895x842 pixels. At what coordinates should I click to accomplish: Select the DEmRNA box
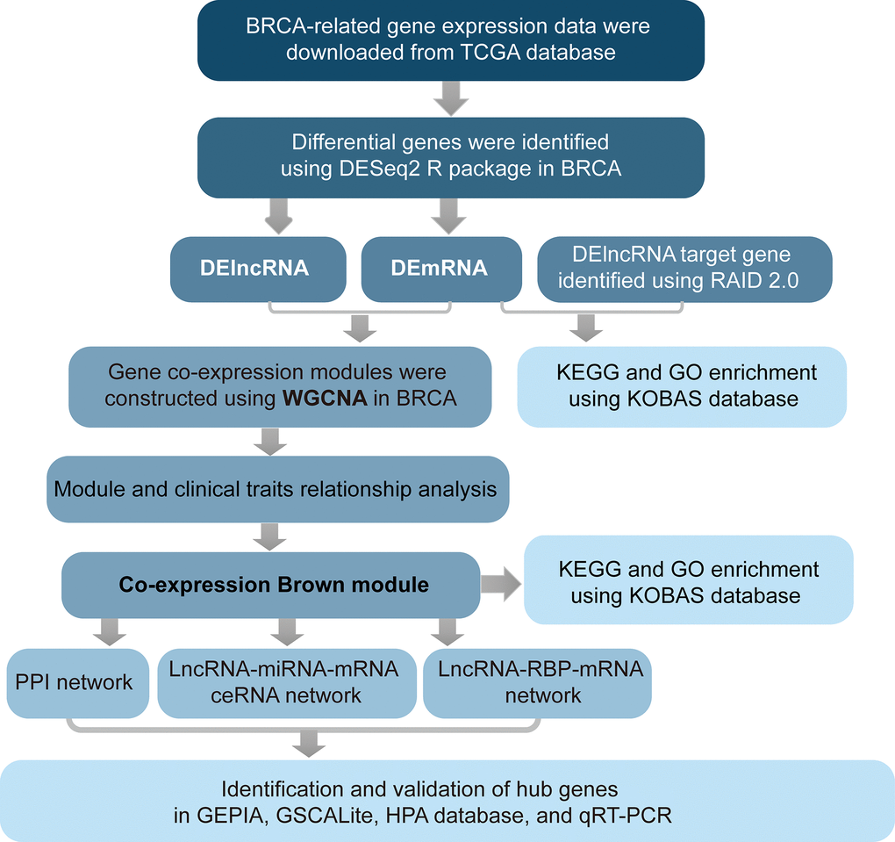pos(438,268)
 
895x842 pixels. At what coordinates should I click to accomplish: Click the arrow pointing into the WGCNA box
pos(362,327)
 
